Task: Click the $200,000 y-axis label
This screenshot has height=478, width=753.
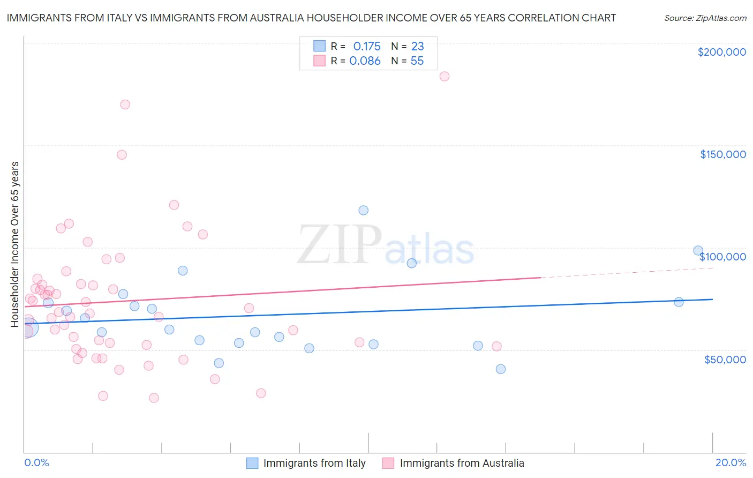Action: (x=721, y=52)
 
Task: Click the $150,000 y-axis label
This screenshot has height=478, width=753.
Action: (x=722, y=154)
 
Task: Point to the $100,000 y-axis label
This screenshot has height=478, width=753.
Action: (x=722, y=257)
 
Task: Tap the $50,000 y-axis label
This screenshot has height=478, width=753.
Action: (x=725, y=359)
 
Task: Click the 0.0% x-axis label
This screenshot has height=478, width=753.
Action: (x=36, y=462)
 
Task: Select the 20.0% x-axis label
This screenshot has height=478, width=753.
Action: (x=731, y=462)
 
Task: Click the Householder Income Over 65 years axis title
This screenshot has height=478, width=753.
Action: (x=14, y=244)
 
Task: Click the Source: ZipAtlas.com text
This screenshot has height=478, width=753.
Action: (x=705, y=18)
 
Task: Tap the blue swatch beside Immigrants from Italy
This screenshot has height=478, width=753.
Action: (x=252, y=463)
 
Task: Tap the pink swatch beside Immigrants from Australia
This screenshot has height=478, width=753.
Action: (x=388, y=463)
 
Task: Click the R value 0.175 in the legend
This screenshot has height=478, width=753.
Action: (x=367, y=46)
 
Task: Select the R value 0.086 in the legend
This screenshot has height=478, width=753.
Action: (x=365, y=61)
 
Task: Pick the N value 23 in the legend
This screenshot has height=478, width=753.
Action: (x=417, y=46)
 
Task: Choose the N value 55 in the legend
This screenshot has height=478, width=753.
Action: (x=417, y=61)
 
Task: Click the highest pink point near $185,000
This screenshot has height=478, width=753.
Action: (x=445, y=76)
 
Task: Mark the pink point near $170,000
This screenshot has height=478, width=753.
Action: (x=125, y=104)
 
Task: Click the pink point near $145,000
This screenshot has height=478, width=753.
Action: (x=122, y=155)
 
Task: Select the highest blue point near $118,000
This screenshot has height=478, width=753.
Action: (x=364, y=210)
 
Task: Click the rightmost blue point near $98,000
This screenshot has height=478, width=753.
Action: (x=698, y=250)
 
